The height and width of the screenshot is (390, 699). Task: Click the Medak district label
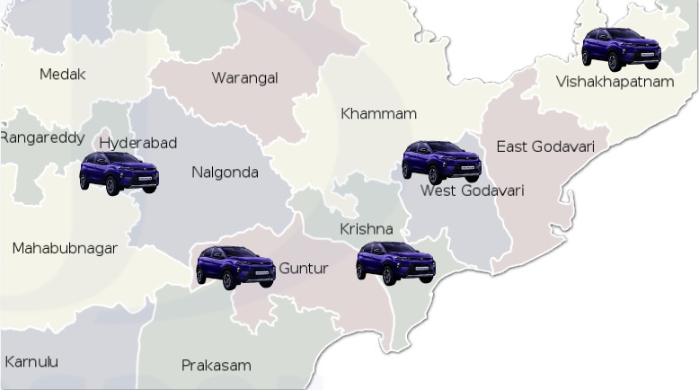pyautogui.click(x=62, y=75)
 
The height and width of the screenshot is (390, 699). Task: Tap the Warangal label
pyautogui.click(x=244, y=78)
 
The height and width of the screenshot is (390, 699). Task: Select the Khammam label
pyautogui.click(x=378, y=114)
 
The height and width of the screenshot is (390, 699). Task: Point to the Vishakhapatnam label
pyautogui.click(x=614, y=82)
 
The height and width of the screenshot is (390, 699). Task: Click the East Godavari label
pyautogui.click(x=545, y=146)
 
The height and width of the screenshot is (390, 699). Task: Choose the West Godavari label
pyautogui.click(x=472, y=191)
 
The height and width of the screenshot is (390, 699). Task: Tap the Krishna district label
pyautogui.click(x=366, y=229)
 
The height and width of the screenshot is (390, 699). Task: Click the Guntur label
pyautogui.click(x=304, y=269)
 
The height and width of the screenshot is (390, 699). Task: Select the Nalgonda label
pyautogui.click(x=225, y=173)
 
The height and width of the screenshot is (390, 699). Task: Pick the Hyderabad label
pyautogui.click(x=137, y=143)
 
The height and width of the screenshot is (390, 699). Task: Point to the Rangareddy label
pyautogui.click(x=43, y=137)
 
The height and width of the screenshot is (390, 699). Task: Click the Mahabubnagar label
pyautogui.click(x=65, y=248)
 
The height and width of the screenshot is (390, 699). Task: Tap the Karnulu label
pyautogui.click(x=31, y=361)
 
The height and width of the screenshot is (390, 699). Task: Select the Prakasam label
pyautogui.click(x=216, y=366)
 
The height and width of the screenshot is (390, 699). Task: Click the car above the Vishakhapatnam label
pyautogui.click(x=621, y=49)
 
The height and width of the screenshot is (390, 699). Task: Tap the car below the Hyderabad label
pyautogui.click(x=119, y=173)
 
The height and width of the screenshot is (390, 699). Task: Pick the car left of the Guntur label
pyautogui.click(x=235, y=267)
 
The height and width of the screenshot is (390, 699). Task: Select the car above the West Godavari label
pyautogui.click(x=441, y=162)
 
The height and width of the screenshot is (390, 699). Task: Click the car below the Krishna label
pyautogui.click(x=395, y=262)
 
